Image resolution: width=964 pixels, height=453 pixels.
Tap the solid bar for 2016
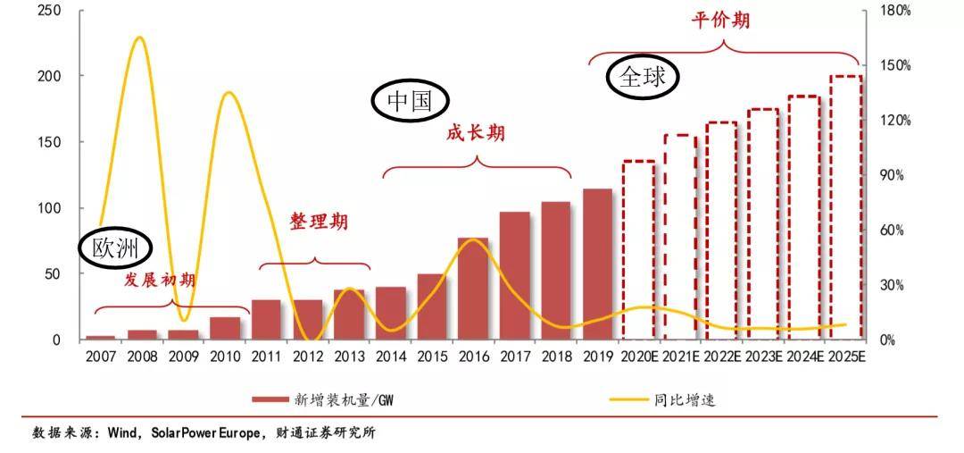click(473, 289)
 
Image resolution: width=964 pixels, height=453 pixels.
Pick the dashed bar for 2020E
click(639, 250)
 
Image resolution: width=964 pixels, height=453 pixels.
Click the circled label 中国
click(410, 102)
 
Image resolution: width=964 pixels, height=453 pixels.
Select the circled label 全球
click(643, 77)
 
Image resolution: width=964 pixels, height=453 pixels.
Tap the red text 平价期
click(720, 20)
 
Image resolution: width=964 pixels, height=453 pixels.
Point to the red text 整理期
click(319, 222)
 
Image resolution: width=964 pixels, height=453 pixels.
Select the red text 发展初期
click(160, 280)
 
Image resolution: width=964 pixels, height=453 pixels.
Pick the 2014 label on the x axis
click(390, 357)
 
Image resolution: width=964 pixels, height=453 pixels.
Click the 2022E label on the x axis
click(722, 357)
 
